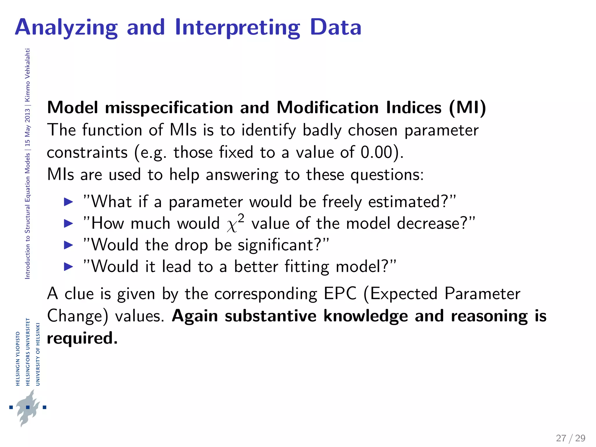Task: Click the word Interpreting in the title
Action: (237, 28)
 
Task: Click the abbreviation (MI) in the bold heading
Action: (467, 108)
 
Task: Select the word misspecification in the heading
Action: (169, 108)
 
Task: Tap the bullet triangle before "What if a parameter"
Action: (68, 202)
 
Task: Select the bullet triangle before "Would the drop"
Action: (68, 245)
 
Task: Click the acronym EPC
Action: (340, 293)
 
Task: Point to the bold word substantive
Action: (270, 316)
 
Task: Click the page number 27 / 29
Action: (570, 438)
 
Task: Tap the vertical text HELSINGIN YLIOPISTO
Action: (18, 359)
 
